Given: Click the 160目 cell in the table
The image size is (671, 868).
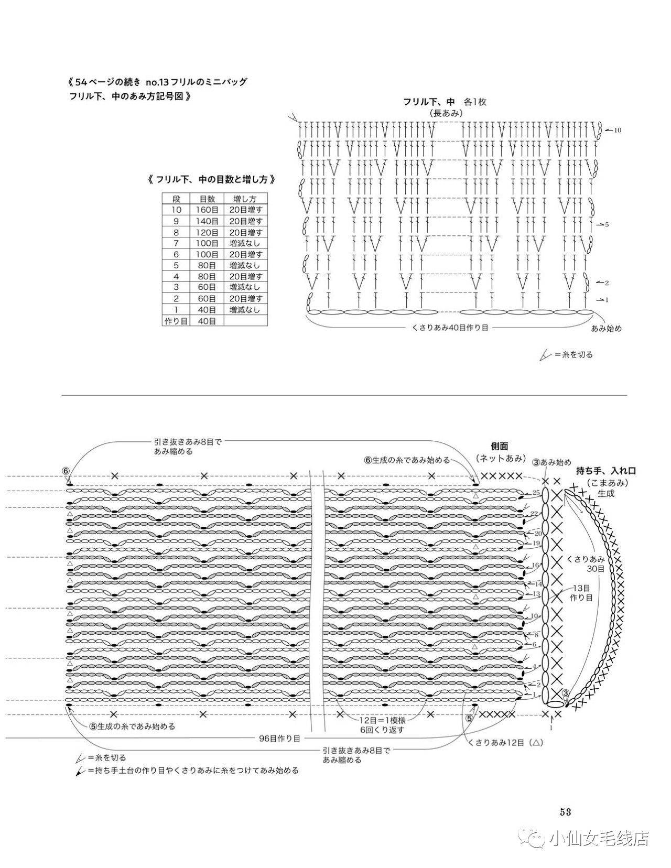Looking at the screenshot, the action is tap(207, 210).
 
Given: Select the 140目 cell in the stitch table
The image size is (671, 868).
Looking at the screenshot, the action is tap(207, 221).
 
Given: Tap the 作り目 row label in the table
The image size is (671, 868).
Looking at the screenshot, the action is tap(176, 321).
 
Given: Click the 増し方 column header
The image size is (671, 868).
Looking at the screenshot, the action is tap(245, 199).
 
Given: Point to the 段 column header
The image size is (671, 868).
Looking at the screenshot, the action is tap(176, 199).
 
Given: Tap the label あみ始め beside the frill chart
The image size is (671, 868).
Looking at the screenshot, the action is tap(607, 328).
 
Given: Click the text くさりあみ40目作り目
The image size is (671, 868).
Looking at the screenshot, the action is tap(450, 328).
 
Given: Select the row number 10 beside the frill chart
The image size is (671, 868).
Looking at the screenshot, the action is tap(618, 130).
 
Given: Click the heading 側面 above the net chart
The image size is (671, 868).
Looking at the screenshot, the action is tap(499, 446).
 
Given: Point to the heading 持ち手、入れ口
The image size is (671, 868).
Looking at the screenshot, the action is tap(605, 471).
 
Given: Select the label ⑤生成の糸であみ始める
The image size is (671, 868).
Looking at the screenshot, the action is tap(132, 726).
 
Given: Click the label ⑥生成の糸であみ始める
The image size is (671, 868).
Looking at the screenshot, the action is tap(407, 460).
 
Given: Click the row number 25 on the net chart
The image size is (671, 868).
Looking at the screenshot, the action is tap(535, 493).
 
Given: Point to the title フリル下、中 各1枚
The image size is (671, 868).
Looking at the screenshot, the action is tap(445, 102).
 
